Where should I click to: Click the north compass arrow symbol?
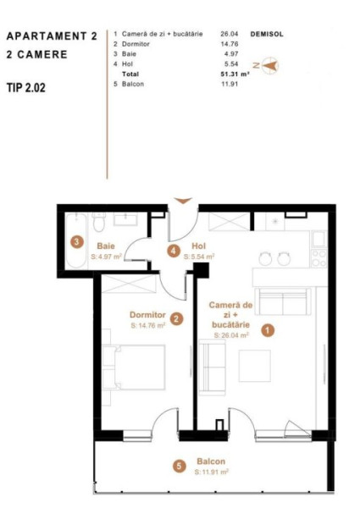(269, 66)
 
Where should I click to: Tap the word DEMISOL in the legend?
(267, 34)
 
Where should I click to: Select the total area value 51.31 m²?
(235, 74)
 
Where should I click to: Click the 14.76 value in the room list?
(230, 44)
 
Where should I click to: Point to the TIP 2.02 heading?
(26, 87)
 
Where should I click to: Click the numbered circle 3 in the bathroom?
(77, 241)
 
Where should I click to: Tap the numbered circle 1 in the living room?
(268, 330)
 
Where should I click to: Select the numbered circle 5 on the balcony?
(179, 467)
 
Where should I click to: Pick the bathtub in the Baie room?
(76, 240)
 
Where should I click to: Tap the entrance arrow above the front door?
(183, 201)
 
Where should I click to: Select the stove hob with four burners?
(319, 258)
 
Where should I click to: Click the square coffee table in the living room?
(255, 366)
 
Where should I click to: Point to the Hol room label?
(198, 246)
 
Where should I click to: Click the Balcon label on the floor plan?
(211, 461)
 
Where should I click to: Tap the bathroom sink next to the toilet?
(125, 219)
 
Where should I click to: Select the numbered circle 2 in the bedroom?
(176, 319)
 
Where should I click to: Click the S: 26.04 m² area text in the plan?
(231, 335)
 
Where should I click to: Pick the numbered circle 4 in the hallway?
(174, 251)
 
